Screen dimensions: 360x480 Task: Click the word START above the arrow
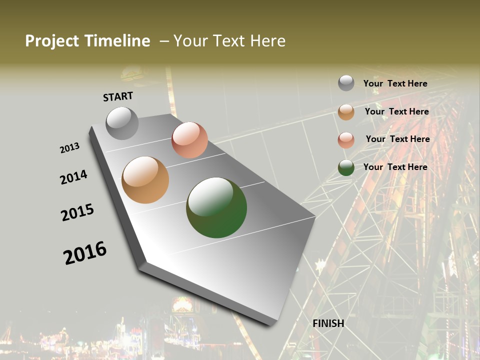coord(118,96)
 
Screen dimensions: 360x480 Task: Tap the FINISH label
coord(328,323)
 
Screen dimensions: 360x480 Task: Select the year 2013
coord(70,148)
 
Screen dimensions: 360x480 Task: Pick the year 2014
coord(73,177)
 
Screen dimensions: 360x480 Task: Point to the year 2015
coord(77,212)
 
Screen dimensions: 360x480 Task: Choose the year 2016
coord(85,253)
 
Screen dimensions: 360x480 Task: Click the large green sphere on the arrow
coord(216,207)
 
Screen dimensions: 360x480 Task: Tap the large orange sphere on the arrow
coord(145,180)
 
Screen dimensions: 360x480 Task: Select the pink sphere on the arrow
coord(189,140)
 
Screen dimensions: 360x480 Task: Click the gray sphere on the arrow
coord(122,123)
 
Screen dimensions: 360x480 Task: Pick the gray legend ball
coord(346,83)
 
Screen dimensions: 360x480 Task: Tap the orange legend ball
coord(346,112)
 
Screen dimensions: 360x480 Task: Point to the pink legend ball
coord(346,140)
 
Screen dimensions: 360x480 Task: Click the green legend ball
coord(346,167)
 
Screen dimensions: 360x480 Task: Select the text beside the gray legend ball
coord(395,84)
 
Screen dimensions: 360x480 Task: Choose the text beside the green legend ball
coord(395,167)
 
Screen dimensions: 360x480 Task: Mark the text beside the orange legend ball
coord(396,111)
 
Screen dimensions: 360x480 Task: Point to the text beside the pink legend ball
coord(397,139)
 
